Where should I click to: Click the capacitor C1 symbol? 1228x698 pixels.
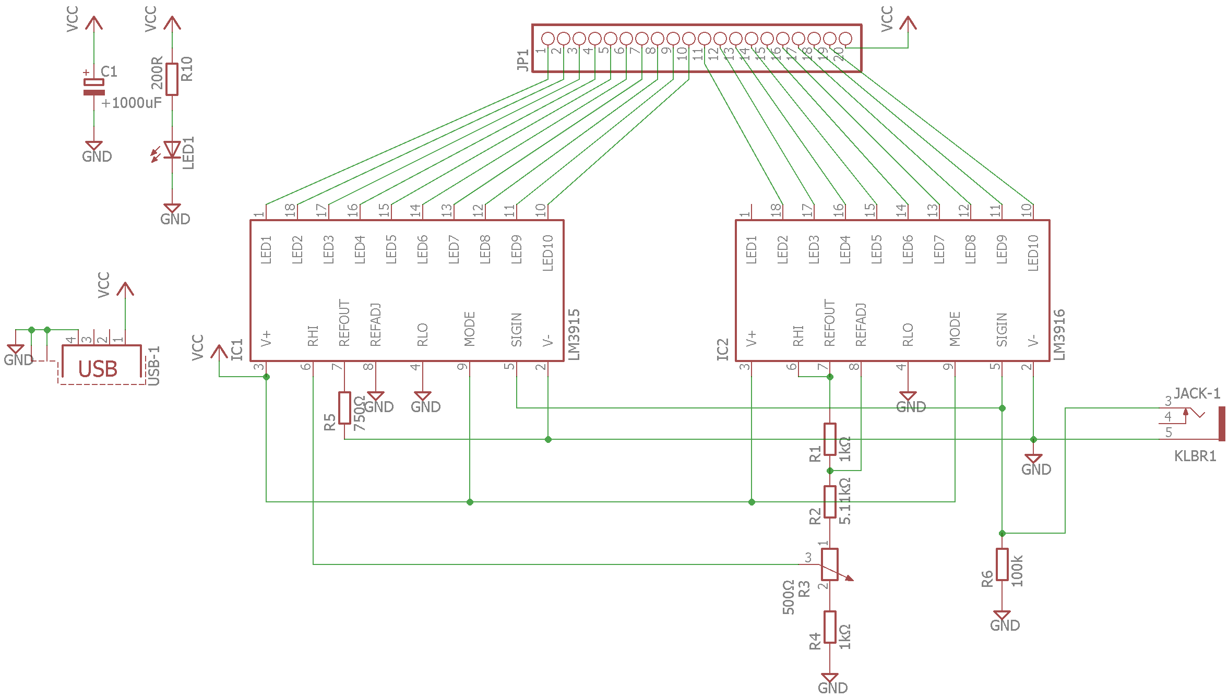94,87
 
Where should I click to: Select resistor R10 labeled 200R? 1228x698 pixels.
172,79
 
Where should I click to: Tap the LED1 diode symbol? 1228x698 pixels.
172,149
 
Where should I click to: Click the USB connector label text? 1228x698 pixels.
98,369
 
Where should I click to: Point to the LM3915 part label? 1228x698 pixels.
574,334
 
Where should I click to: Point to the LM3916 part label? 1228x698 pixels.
1059,334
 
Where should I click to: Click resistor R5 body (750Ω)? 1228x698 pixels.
344,408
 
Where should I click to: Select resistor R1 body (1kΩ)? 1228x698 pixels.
830,439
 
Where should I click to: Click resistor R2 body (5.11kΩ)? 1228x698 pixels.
830,502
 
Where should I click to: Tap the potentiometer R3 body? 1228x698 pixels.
830,564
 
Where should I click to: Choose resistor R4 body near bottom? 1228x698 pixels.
830,627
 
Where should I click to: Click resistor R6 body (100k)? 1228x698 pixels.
1002,564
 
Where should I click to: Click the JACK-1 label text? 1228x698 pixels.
1197,393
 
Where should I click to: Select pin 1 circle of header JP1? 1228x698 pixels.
547,39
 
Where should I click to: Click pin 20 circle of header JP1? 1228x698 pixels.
845,39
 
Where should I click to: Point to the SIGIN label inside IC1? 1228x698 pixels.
517,330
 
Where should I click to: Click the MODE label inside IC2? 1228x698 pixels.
955,329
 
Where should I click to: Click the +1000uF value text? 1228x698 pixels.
132,103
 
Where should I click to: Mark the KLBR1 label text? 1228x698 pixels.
1195,456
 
